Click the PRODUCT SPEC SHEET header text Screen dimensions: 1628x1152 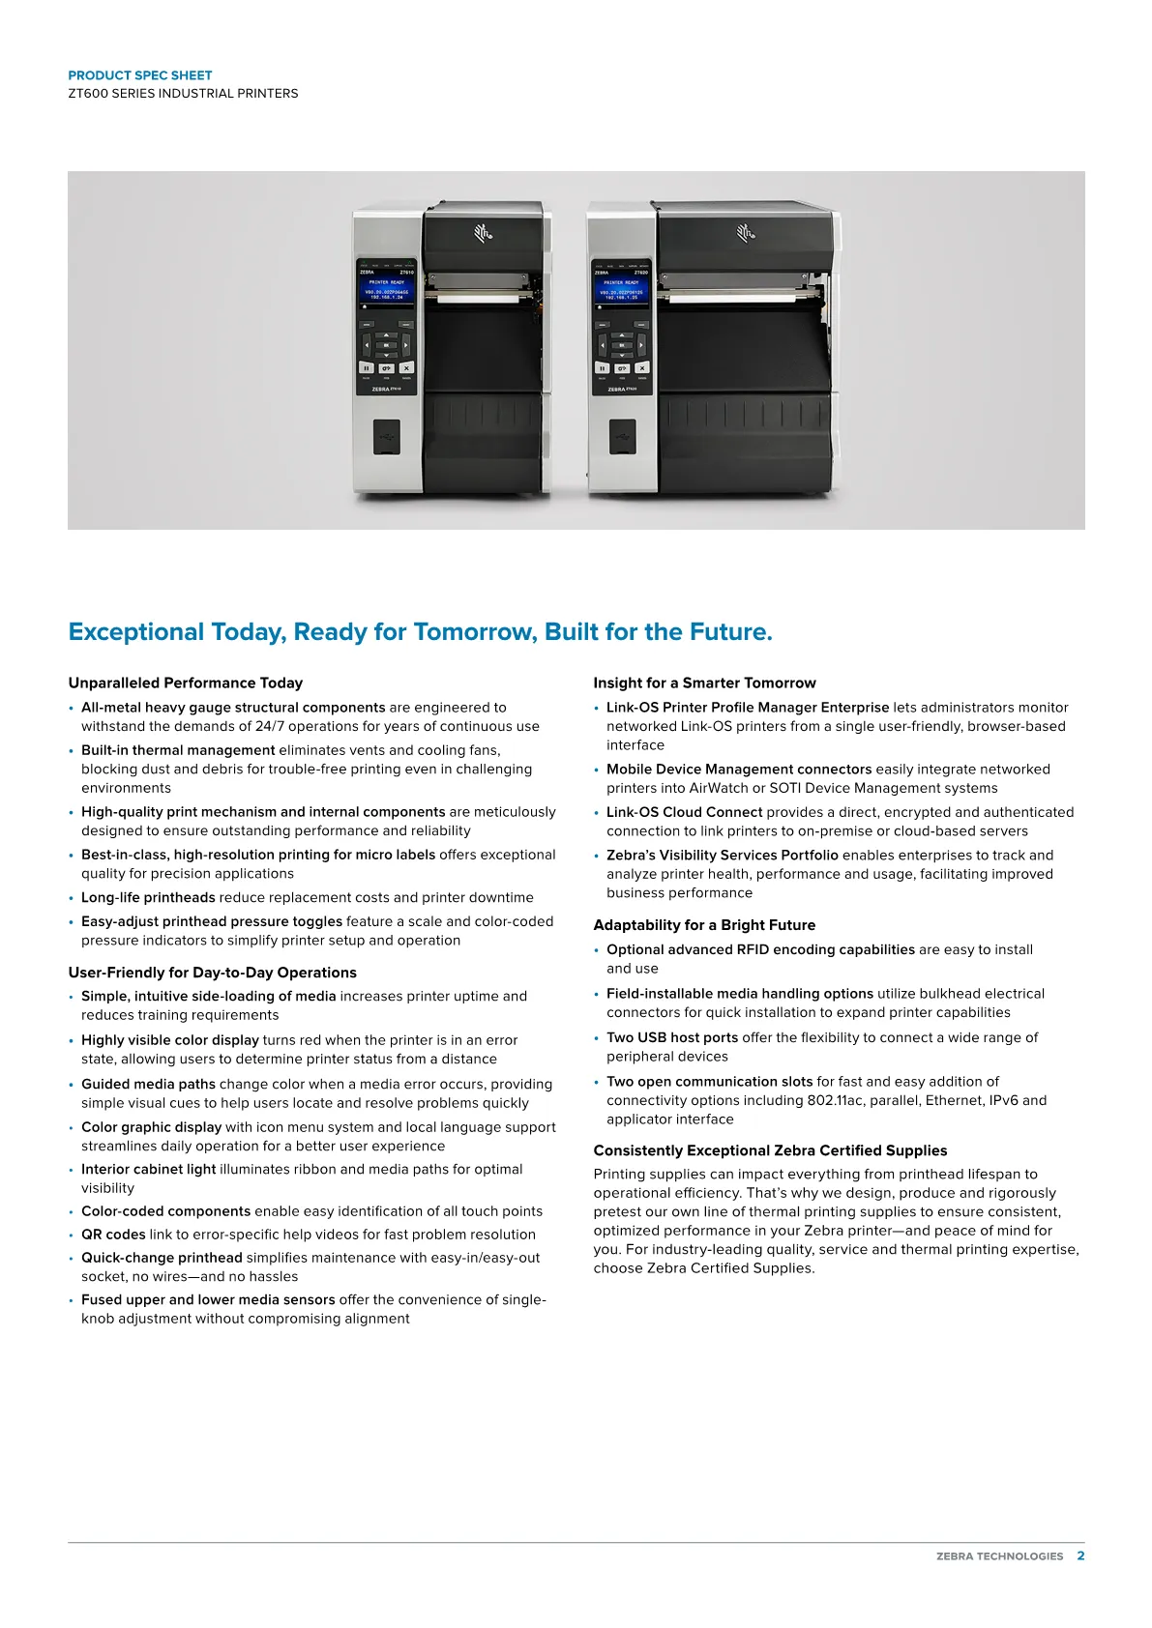(x=139, y=75)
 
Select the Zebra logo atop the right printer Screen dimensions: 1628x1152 (x=746, y=232)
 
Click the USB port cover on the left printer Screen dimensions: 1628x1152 (x=387, y=437)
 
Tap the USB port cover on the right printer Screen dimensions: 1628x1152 (x=622, y=437)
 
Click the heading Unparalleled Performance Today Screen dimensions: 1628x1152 (x=185, y=683)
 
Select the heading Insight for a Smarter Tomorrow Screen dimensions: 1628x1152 (x=704, y=683)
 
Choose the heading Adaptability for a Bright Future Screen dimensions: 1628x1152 (x=704, y=925)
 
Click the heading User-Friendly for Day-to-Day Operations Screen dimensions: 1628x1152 (x=212, y=973)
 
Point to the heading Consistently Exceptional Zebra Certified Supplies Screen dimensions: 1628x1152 (x=770, y=1150)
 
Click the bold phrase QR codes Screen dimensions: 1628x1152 (x=113, y=1235)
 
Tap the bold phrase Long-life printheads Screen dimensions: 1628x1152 (x=148, y=897)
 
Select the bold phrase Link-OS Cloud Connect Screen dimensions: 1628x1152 (x=684, y=812)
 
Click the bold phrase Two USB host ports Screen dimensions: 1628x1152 (x=672, y=1037)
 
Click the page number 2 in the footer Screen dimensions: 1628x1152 (x=1080, y=1555)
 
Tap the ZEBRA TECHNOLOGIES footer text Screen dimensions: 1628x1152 (x=999, y=1556)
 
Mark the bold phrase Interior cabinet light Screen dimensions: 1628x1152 (x=148, y=1169)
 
